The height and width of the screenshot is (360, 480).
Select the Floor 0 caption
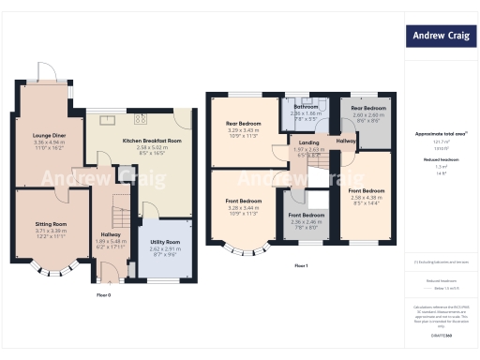(104, 294)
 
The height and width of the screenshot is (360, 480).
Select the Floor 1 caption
(301, 266)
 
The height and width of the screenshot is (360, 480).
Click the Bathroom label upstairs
(306, 107)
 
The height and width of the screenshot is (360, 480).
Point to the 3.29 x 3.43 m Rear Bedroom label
(244, 123)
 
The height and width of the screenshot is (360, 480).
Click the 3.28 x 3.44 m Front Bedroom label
(244, 201)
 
